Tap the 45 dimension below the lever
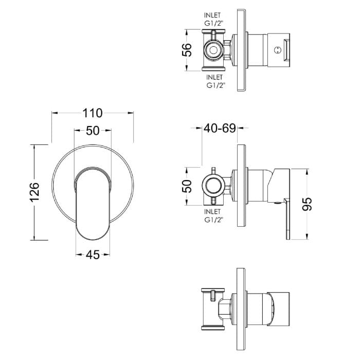pos(93,255)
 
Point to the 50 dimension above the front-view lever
pos(93,131)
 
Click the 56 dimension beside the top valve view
pos(188,50)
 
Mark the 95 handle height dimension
pos(308,204)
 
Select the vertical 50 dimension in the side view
pos(188,185)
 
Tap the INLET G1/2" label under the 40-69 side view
pos(212,215)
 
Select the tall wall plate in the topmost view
pos(241,50)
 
